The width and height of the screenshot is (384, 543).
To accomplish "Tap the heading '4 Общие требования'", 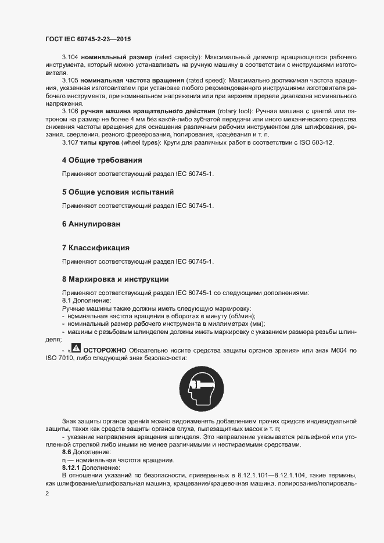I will point(102,160).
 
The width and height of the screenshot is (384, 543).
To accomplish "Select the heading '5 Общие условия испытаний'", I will point(118,192).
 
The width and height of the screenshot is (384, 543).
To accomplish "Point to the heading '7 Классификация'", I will point(95,247).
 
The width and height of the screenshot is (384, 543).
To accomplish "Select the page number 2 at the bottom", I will point(46,493).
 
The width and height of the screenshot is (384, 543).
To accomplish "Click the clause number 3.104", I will point(70,58).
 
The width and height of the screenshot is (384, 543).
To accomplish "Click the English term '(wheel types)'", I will point(138,142).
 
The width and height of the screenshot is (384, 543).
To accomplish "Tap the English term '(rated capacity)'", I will point(177,58).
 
